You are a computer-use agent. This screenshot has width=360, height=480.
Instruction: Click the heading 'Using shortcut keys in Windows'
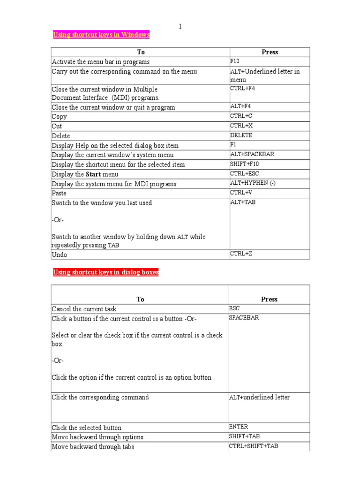pos(101,35)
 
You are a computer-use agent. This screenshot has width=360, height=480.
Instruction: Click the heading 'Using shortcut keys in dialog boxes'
pos(106,272)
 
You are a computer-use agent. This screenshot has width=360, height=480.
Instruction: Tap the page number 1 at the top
pos(180,27)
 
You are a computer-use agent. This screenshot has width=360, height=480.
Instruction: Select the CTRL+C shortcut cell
pos(241,116)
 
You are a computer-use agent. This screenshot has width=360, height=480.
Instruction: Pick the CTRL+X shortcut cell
pos(241,126)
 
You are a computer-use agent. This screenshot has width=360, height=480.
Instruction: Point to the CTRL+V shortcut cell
pos(241,193)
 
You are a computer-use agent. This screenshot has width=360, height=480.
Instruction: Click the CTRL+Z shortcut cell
pos(241,254)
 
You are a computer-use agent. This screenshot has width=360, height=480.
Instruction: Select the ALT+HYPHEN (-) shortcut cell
pos(253,183)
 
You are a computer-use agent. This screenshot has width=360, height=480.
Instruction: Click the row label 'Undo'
pos(60,255)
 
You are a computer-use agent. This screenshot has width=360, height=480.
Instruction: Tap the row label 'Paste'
pos(59,193)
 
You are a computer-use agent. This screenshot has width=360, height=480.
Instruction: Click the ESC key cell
pos(234,308)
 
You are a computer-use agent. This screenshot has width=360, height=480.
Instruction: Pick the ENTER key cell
pos(239,427)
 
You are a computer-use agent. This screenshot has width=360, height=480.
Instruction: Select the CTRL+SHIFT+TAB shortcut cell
pos(253,446)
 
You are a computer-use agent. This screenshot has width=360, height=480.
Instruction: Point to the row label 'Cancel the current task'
pos(84,309)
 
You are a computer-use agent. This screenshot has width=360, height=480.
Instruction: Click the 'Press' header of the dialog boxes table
pos(269,299)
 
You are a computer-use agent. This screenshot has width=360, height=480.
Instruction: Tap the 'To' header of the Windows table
pos(141,52)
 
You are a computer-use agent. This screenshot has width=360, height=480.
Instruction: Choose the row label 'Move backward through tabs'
pos(93,447)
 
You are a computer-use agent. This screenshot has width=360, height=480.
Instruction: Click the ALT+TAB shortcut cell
pos(243,202)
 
